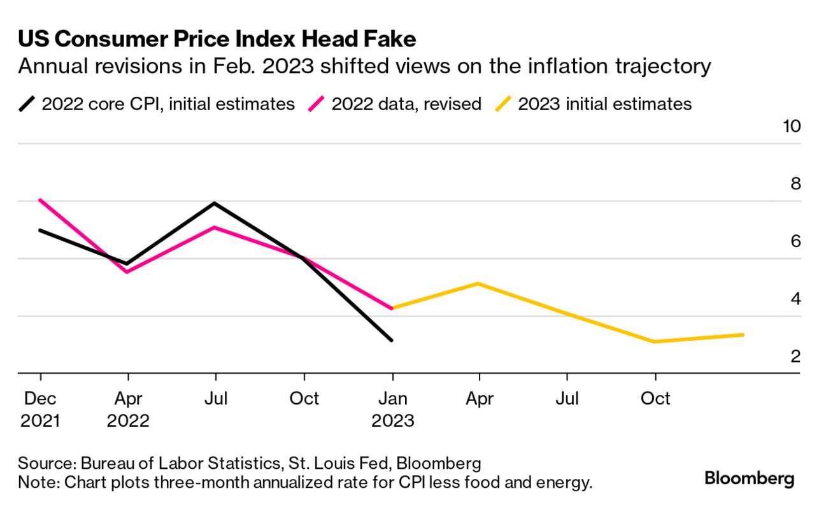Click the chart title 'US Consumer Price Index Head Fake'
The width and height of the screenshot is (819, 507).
click(217, 39)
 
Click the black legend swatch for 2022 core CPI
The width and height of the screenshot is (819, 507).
click(27, 104)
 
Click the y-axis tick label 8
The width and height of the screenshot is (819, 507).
click(795, 184)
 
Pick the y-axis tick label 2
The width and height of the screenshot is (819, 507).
click(795, 357)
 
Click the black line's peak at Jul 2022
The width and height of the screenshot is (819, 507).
click(216, 203)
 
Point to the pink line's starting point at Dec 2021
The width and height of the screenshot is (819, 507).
click(40, 200)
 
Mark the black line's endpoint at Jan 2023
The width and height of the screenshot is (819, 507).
click(392, 340)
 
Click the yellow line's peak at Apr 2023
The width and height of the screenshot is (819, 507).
click(479, 283)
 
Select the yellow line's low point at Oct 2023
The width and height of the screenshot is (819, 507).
click(655, 342)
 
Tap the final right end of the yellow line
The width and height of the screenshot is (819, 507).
click(743, 334)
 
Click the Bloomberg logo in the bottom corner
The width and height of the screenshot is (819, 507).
click(749, 479)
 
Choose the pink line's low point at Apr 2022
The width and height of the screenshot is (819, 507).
click(128, 272)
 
